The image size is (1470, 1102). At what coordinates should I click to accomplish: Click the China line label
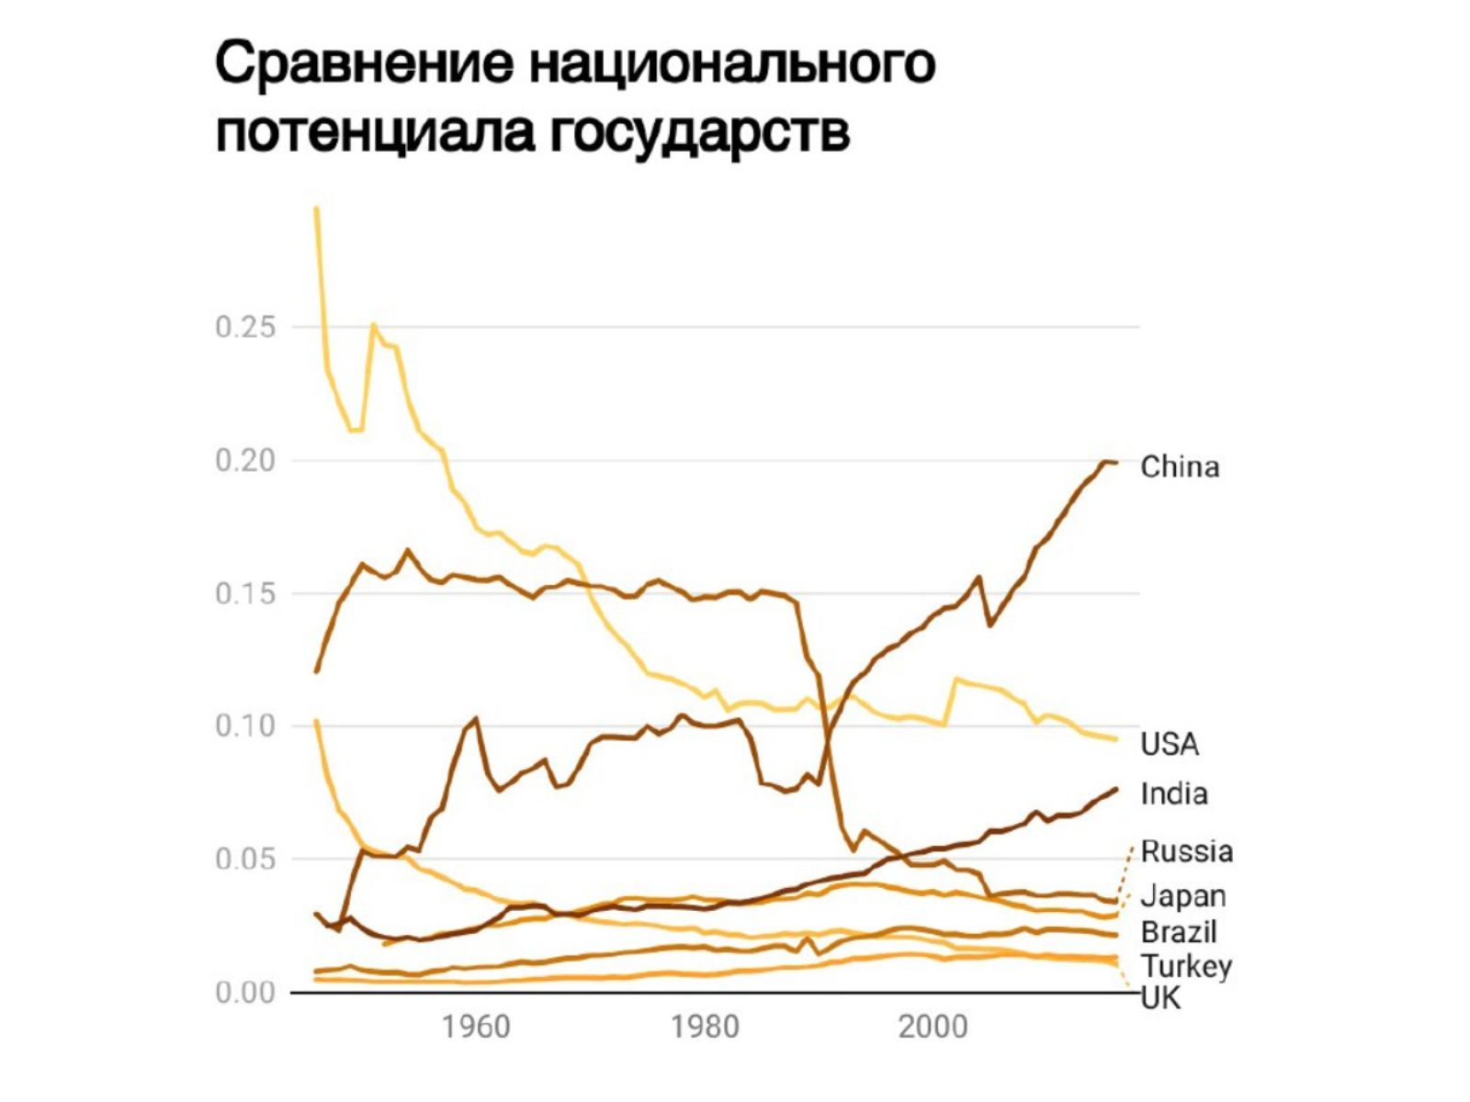(1180, 467)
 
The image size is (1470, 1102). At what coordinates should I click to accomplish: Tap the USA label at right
(1170, 744)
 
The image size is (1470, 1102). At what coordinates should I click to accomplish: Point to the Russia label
(1187, 852)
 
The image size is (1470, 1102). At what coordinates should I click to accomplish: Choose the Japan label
(1183, 897)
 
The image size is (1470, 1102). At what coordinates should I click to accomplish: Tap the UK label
(1160, 999)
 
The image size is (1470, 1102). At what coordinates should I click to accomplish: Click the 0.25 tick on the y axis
(245, 328)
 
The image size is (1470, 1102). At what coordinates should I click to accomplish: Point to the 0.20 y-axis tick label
(245, 461)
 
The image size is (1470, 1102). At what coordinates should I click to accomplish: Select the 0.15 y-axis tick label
(245, 593)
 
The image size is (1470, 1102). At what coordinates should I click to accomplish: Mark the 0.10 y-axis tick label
(245, 726)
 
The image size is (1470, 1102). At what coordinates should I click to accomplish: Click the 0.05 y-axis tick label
(245, 860)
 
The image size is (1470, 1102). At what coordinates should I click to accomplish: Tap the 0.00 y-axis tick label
(245, 993)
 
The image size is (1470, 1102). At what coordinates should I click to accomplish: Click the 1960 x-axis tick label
(476, 1027)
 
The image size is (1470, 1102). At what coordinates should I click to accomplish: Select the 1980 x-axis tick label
(706, 1027)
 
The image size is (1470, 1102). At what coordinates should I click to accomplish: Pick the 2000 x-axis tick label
(933, 1027)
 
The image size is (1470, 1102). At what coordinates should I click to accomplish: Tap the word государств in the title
(700, 134)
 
